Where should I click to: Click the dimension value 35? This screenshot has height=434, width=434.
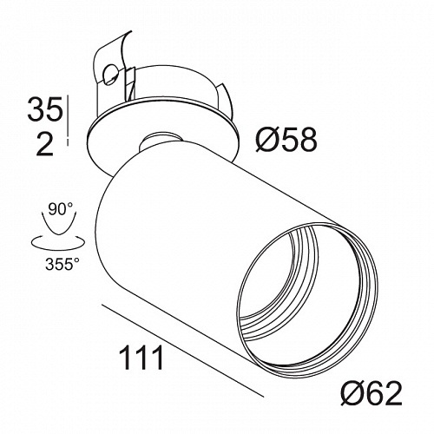(45, 109)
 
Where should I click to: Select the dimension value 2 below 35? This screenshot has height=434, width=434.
(45, 144)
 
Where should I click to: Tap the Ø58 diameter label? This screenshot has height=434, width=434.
(286, 140)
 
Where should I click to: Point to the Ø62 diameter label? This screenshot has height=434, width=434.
(372, 393)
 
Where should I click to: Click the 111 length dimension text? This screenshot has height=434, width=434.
(141, 358)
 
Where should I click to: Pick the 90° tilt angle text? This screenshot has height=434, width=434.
(61, 209)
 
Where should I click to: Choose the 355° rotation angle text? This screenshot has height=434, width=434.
(62, 264)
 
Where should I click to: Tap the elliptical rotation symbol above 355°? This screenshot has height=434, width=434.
(58, 242)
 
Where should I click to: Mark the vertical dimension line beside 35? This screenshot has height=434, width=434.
(68, 120)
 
